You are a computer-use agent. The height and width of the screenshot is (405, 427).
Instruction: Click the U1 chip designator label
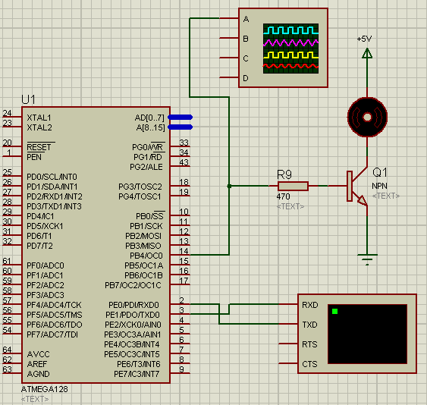(x=29, y=100)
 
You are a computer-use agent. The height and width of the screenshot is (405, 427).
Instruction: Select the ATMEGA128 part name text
(x=44, y=389)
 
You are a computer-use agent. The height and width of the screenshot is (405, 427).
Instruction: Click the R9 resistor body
(x=293, y=186)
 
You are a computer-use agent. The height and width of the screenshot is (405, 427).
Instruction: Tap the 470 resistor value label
(x=283, y=196)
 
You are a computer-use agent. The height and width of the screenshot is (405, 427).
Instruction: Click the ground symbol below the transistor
(x=367, y=260)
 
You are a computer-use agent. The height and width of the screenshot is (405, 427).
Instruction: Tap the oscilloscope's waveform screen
(x=292, y=48)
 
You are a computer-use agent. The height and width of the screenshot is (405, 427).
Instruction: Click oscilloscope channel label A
(x=246, y=19)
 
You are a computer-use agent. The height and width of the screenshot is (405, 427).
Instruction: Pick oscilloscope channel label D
(x=246, y=78)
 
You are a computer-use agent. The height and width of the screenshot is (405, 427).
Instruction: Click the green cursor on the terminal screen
(x=334, y=311)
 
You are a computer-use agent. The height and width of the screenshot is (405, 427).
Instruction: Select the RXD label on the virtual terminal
(x=309, y=306)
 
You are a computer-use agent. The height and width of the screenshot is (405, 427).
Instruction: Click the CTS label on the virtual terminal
(x=309, y=364)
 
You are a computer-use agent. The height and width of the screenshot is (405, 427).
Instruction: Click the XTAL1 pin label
(x=39, y=118)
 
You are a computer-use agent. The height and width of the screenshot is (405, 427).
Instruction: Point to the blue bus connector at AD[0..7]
(x=180, y=117)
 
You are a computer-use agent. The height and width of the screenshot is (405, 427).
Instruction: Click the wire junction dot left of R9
(x=229, y=186)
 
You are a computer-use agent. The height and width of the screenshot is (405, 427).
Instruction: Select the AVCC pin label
(x=39, y=354)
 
